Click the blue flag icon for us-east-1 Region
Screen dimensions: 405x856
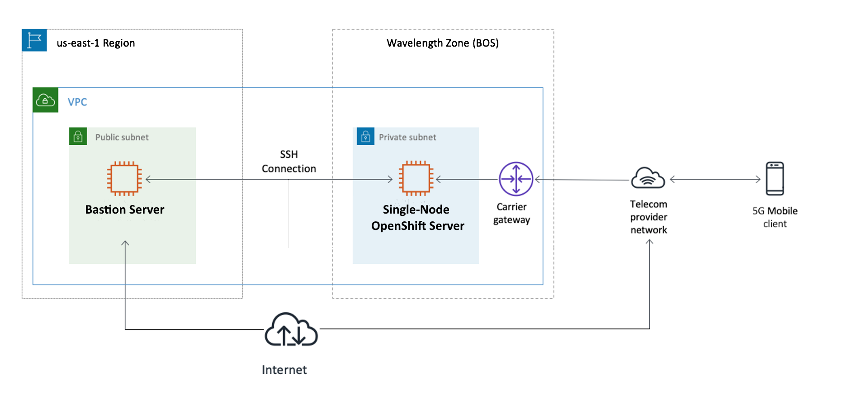pyautogui.click(x=34, y=40)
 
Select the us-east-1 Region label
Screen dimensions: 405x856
pyautogui.click(x=95, y=43)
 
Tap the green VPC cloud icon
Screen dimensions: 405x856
pyautogui.click(x=46, y=100)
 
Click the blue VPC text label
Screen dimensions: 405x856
pyautogui.click(x=77, y=102)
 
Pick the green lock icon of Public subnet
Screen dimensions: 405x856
pyautogui.click(x=78, y=136)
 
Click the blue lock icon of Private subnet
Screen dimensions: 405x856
pyautogui.click(x=365, y=136)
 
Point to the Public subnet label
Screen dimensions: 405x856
pyautogui.click(x=122, y=137)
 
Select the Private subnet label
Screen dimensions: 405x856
pyautogui.click(x=407, y=137)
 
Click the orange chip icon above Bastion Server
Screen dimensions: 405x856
pyautogui.click(x=124, y=178)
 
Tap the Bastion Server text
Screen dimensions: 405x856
pyautogui.click(x=125, y=210)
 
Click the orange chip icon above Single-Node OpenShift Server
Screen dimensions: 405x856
pyautogui.click(x=416, y=178)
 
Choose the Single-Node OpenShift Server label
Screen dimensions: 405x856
pyautogui.click(x=417, y=218)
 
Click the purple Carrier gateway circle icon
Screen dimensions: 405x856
pyautogui.click(x=515, y=179)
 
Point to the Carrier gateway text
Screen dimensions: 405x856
pyautogui.click(x=511, y=213)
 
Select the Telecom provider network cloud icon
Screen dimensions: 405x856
pyautogui.click(x=648, y=177)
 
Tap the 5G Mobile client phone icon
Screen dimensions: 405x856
pyautogui.click(x=775, y=178)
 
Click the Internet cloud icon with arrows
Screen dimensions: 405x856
pyautogui.click(x=291, y=330)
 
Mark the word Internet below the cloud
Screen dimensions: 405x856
pyautogui.click(x=284, y=370)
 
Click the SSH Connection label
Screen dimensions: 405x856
pyautogui.click(x=289, y=162)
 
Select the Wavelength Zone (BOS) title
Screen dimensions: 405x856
pyautogui.click(x=442, y=43)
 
